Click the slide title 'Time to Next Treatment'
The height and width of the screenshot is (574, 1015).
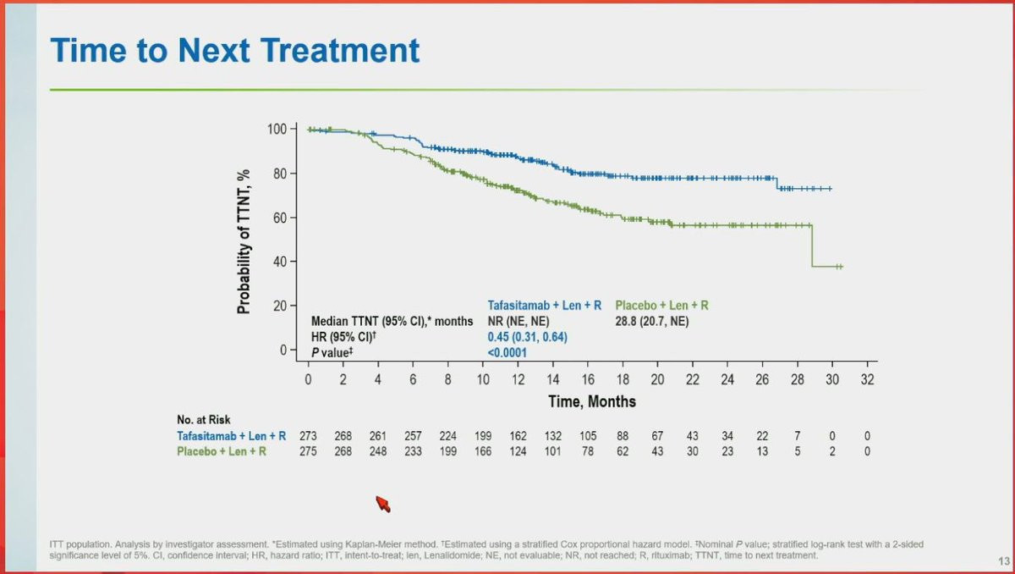pos(235,51)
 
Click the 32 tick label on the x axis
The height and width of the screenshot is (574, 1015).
pos(867,380)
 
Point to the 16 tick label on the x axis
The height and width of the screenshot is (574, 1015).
pos(588,380)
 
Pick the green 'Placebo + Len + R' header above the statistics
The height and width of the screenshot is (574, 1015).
pos(662,306)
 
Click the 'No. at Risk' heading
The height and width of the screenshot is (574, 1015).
pos(203,419)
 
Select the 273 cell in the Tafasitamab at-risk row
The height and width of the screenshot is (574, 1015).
pos(309,436)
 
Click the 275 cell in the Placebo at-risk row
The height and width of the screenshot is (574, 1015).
pos(309,452)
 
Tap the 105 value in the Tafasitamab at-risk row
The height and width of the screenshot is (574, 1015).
pos(588,436)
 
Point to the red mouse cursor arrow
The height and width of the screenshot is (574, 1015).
pos(383,505)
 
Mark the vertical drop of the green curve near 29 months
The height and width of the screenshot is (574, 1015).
pos(812,246)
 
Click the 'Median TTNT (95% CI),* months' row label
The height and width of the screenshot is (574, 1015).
pos(392,322)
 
